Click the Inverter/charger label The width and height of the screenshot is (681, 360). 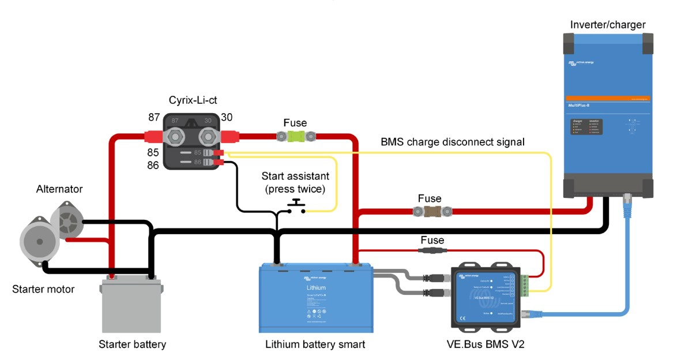(x=608, y=24)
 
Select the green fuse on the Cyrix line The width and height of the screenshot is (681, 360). (x=295, y=137)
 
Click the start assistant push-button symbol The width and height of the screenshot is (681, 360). (x=296, y=207)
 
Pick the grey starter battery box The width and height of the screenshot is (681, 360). (x=131, y=306)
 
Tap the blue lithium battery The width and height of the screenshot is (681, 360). (x=316, y=297)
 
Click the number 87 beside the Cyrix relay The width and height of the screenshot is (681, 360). (x=154, y=117)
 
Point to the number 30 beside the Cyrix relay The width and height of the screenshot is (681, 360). (x=227, y=117)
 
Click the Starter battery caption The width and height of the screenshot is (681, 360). (x=132, y=344)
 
